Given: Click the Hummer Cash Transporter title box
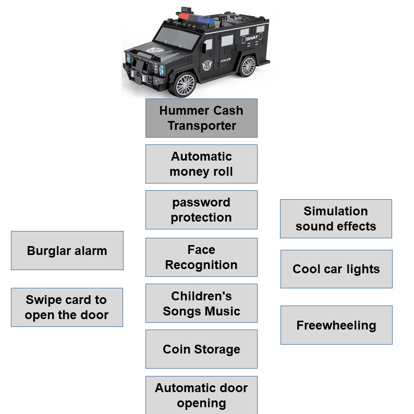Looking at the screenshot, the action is [201, 118].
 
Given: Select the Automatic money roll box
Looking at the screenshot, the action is [201, 164].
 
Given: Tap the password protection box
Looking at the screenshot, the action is [201, 210].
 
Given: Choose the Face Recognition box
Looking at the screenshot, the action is [201, 258].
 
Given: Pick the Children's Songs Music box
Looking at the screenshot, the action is [201, 303].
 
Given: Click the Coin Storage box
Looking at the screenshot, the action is [201, 349].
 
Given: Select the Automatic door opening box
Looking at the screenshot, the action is [201, 395].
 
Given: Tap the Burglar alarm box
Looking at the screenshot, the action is [67, 251].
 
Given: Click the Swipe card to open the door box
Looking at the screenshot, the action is [67, 307].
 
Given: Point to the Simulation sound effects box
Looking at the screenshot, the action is [336, 218].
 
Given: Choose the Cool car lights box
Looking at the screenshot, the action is [336, 269].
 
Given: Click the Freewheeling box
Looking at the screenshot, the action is [336, 325].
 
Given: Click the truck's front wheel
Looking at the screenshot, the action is [185, 85].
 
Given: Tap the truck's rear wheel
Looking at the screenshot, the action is [248, 66].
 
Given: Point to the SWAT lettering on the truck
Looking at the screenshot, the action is [252, 38].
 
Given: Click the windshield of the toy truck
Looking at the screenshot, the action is [177, 38].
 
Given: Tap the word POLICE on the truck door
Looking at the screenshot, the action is [225, 60].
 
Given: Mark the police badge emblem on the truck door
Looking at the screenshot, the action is [207, 65].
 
